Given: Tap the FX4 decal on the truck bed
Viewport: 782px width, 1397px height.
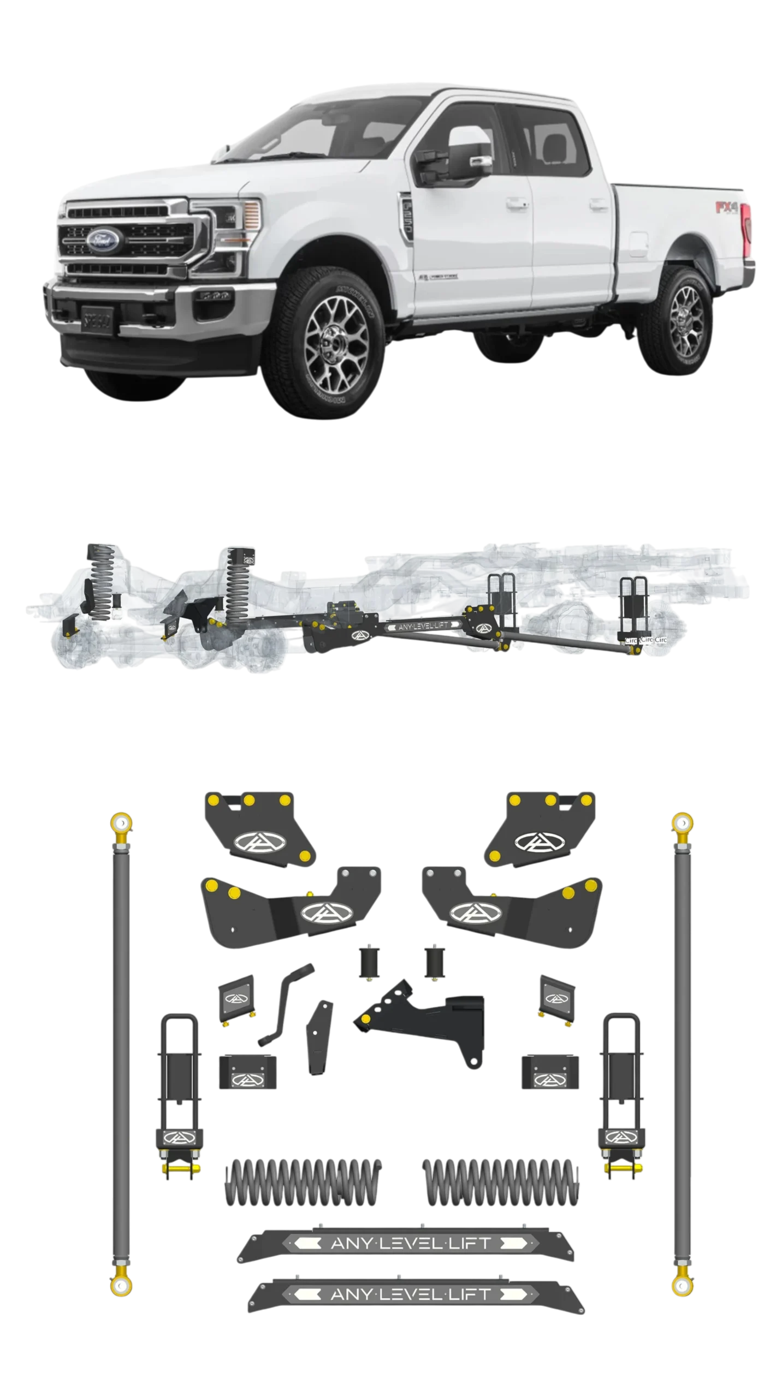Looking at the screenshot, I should [727, 208].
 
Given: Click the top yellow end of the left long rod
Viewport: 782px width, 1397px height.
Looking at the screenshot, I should [121, 821].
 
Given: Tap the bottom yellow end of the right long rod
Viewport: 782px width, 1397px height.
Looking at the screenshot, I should [682, 1285].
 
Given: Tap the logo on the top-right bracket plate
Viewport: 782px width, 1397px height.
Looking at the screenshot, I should [533, 841].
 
